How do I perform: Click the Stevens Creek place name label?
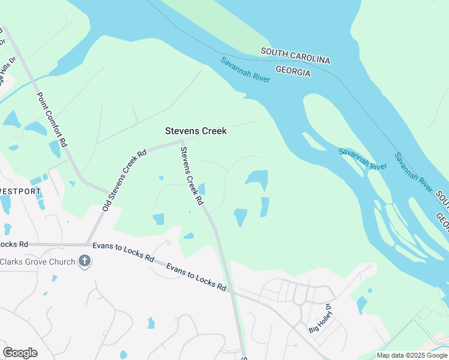click(x=196, y=131)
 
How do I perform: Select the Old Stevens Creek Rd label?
click(x=125, y=172)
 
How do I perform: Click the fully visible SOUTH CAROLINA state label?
click(x=295, y=56)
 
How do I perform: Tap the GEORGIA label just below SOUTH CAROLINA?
click(x=292, y=72)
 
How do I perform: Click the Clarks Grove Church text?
click(x=37, y=262)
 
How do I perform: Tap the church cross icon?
click(x=85, y=261)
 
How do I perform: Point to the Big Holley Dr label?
click(x=319, y=320)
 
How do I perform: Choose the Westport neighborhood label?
click(x=20, y=191)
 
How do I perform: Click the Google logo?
click(x=20, y=352)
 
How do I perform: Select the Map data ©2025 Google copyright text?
click(x=411, y=355)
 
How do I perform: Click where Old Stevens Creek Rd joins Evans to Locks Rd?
click(x=88, y=245)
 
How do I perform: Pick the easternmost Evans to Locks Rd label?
click(x=196, y=277)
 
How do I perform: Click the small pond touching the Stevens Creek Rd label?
click(x=202, y=189)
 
